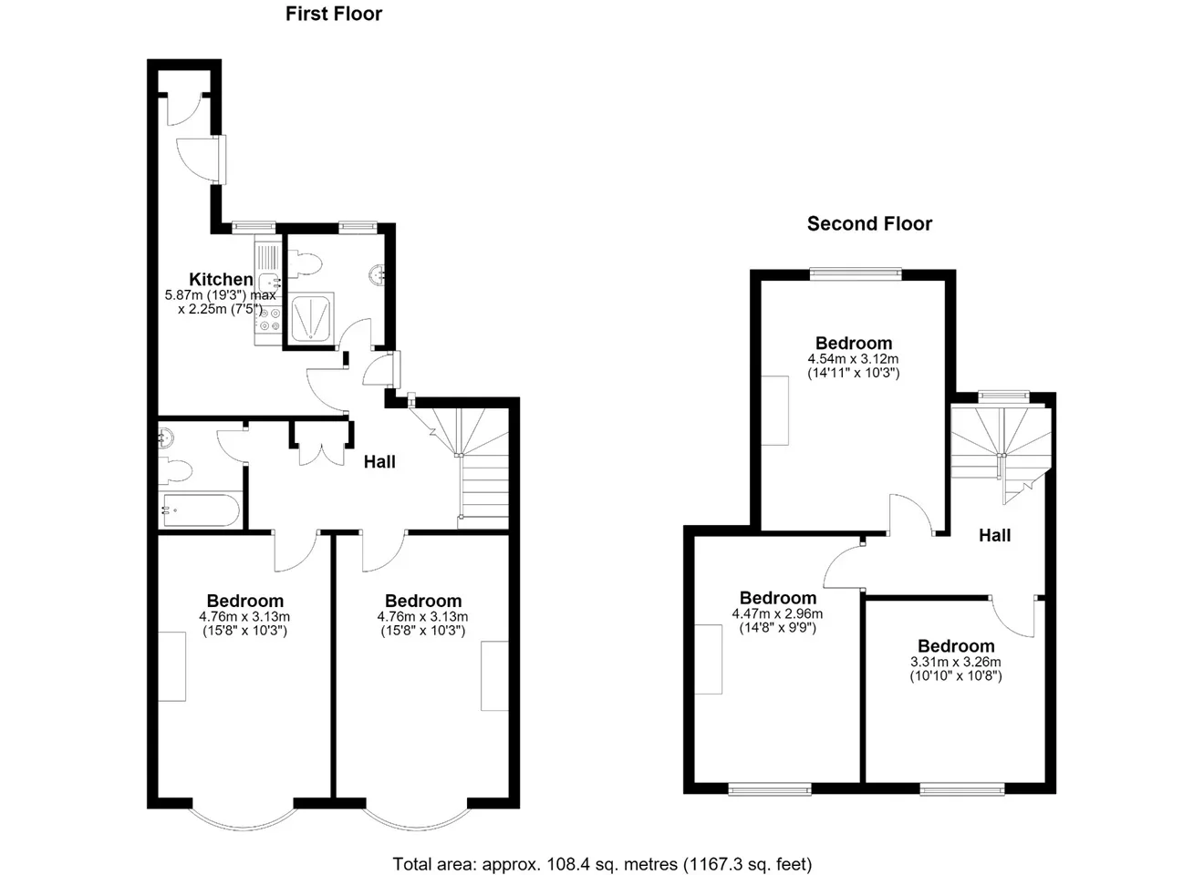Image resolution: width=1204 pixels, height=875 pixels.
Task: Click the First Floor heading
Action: pyautogui.click(x=333, y=14)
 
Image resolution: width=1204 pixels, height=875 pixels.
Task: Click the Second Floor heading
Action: pyautogui.click(x=869, y=223)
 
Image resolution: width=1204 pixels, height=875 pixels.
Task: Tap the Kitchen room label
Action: pyautogui.click(x=221, y=279)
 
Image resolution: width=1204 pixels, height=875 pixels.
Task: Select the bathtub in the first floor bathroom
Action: pyautogui.click(x=200, y=510)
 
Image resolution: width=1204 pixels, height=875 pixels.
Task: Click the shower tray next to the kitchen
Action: pyautogui.click(x=312, y=317)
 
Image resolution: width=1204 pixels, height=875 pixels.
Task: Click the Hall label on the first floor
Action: pyautogui.click(x=379, y=462)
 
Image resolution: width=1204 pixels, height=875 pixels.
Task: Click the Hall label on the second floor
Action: pyautogui.click(x=994, y=535)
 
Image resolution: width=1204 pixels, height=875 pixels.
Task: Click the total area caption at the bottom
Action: pyautogui.click(x=602, y=864)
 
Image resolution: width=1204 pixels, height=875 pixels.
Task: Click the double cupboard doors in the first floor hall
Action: pyautogui.click(x=321, y=455)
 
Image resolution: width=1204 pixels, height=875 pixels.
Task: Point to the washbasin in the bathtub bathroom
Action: pyautogui.click(x=166, y=437)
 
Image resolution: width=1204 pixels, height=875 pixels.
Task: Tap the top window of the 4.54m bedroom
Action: pyautogui.click(x=856, y=274)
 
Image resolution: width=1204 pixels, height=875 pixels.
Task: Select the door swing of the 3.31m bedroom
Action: pyautogui.click(x=1012, y=617)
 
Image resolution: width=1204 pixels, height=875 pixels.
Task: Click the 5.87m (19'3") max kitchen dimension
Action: pyautogui.click(x=221, y=295)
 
